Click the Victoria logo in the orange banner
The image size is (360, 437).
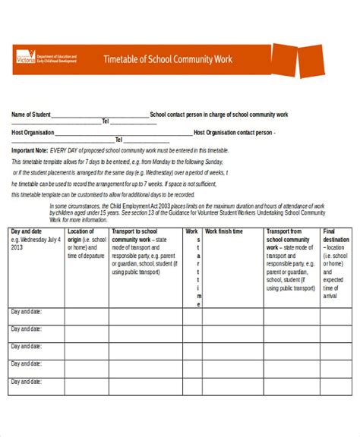[x=25, y=58]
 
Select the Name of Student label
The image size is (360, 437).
[x=30, y=115]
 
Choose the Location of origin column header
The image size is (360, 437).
[x=81, y=235]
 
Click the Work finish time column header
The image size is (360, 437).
[x=224, y=231]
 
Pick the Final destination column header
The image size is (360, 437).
[x=336, y=235]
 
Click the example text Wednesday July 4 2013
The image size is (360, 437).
[x=34, y=243]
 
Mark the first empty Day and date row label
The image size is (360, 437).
[x=27, y=311]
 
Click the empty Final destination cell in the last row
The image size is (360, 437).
[x=335, y=388]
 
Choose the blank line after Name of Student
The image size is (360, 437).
[x=99, y=115]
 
